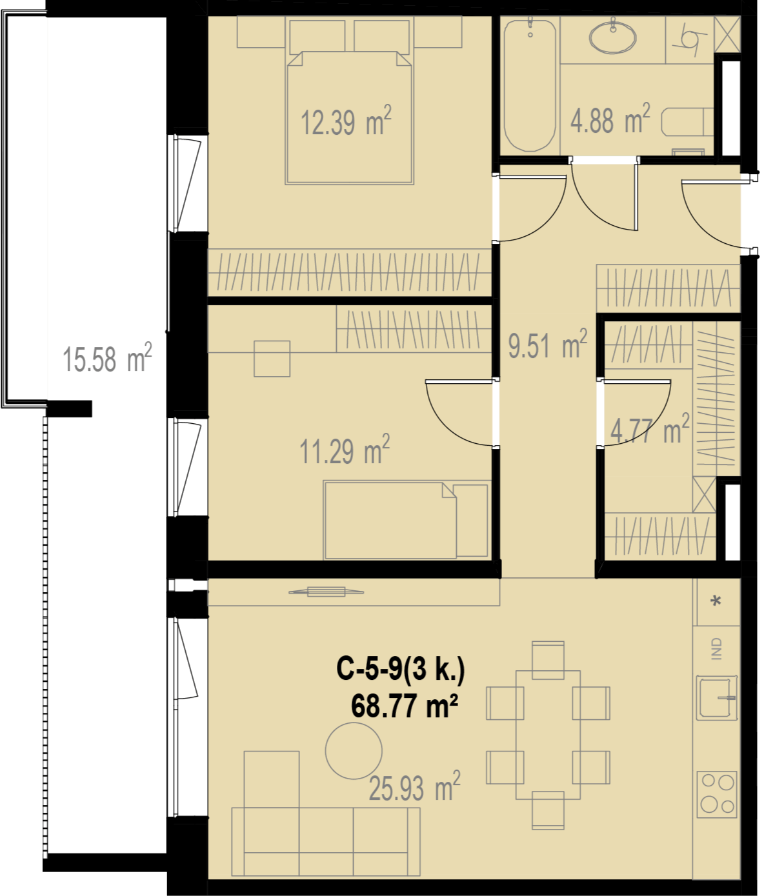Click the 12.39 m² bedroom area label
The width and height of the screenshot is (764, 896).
point(346,121)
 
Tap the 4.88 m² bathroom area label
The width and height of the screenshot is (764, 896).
point(610,119)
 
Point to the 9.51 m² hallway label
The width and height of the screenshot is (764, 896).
point(548,344)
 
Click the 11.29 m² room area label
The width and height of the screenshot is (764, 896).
point(345,450)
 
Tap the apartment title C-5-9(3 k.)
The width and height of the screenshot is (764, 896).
point(400,670)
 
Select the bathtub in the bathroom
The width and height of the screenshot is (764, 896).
point(530,85)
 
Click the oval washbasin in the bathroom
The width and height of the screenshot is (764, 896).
point(612,37)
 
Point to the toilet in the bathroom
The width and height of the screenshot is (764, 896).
point(687,122)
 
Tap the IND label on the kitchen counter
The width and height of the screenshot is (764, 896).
point(717,648)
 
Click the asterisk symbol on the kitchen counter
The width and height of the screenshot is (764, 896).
point(716,601)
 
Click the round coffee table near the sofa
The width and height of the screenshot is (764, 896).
point(354,751)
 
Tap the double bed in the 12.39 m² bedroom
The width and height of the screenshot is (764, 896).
point(350,117)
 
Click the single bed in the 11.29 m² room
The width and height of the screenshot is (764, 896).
point(407,520)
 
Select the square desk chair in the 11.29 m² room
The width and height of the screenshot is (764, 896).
point(272,359)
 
